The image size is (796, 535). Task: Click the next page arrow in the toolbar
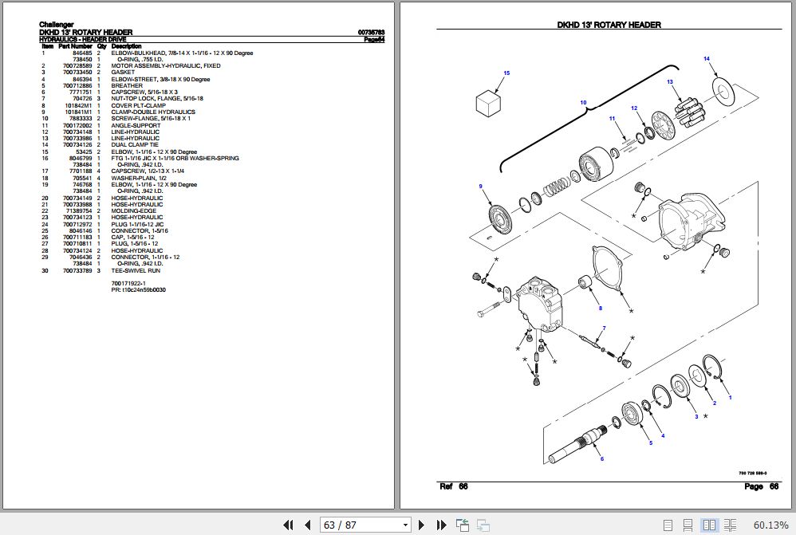click(x=420, y=525)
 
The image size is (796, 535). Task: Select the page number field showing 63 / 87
click(x=365, y=525)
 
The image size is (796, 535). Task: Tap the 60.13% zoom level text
click(x=770, y=525)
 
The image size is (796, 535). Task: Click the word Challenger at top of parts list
click(x=57, y=25)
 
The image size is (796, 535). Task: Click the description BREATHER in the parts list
click(x=127, y=86)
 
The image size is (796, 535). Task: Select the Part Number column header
click(x=75, y=46)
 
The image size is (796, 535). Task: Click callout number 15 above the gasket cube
click(x=506, y=73)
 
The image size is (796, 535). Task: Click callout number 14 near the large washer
click(x=706, y=60)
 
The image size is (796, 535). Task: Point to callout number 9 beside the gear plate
click(x=480, y=187)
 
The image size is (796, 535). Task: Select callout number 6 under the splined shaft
click(x=602, y=458)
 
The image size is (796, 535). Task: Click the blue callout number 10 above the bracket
click(x=583, y=103)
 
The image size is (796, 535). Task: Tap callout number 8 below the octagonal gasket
click(x=600, y=308)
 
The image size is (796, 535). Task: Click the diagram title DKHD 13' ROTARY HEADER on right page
click(x=609, y=25)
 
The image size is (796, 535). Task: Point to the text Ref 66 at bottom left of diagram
click(x=453, y=486)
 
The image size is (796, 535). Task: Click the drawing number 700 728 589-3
click(x=753, y=474)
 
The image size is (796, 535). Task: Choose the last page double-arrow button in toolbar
click(x=440, y=525)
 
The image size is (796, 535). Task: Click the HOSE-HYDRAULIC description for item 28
click(x=136, y=251)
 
